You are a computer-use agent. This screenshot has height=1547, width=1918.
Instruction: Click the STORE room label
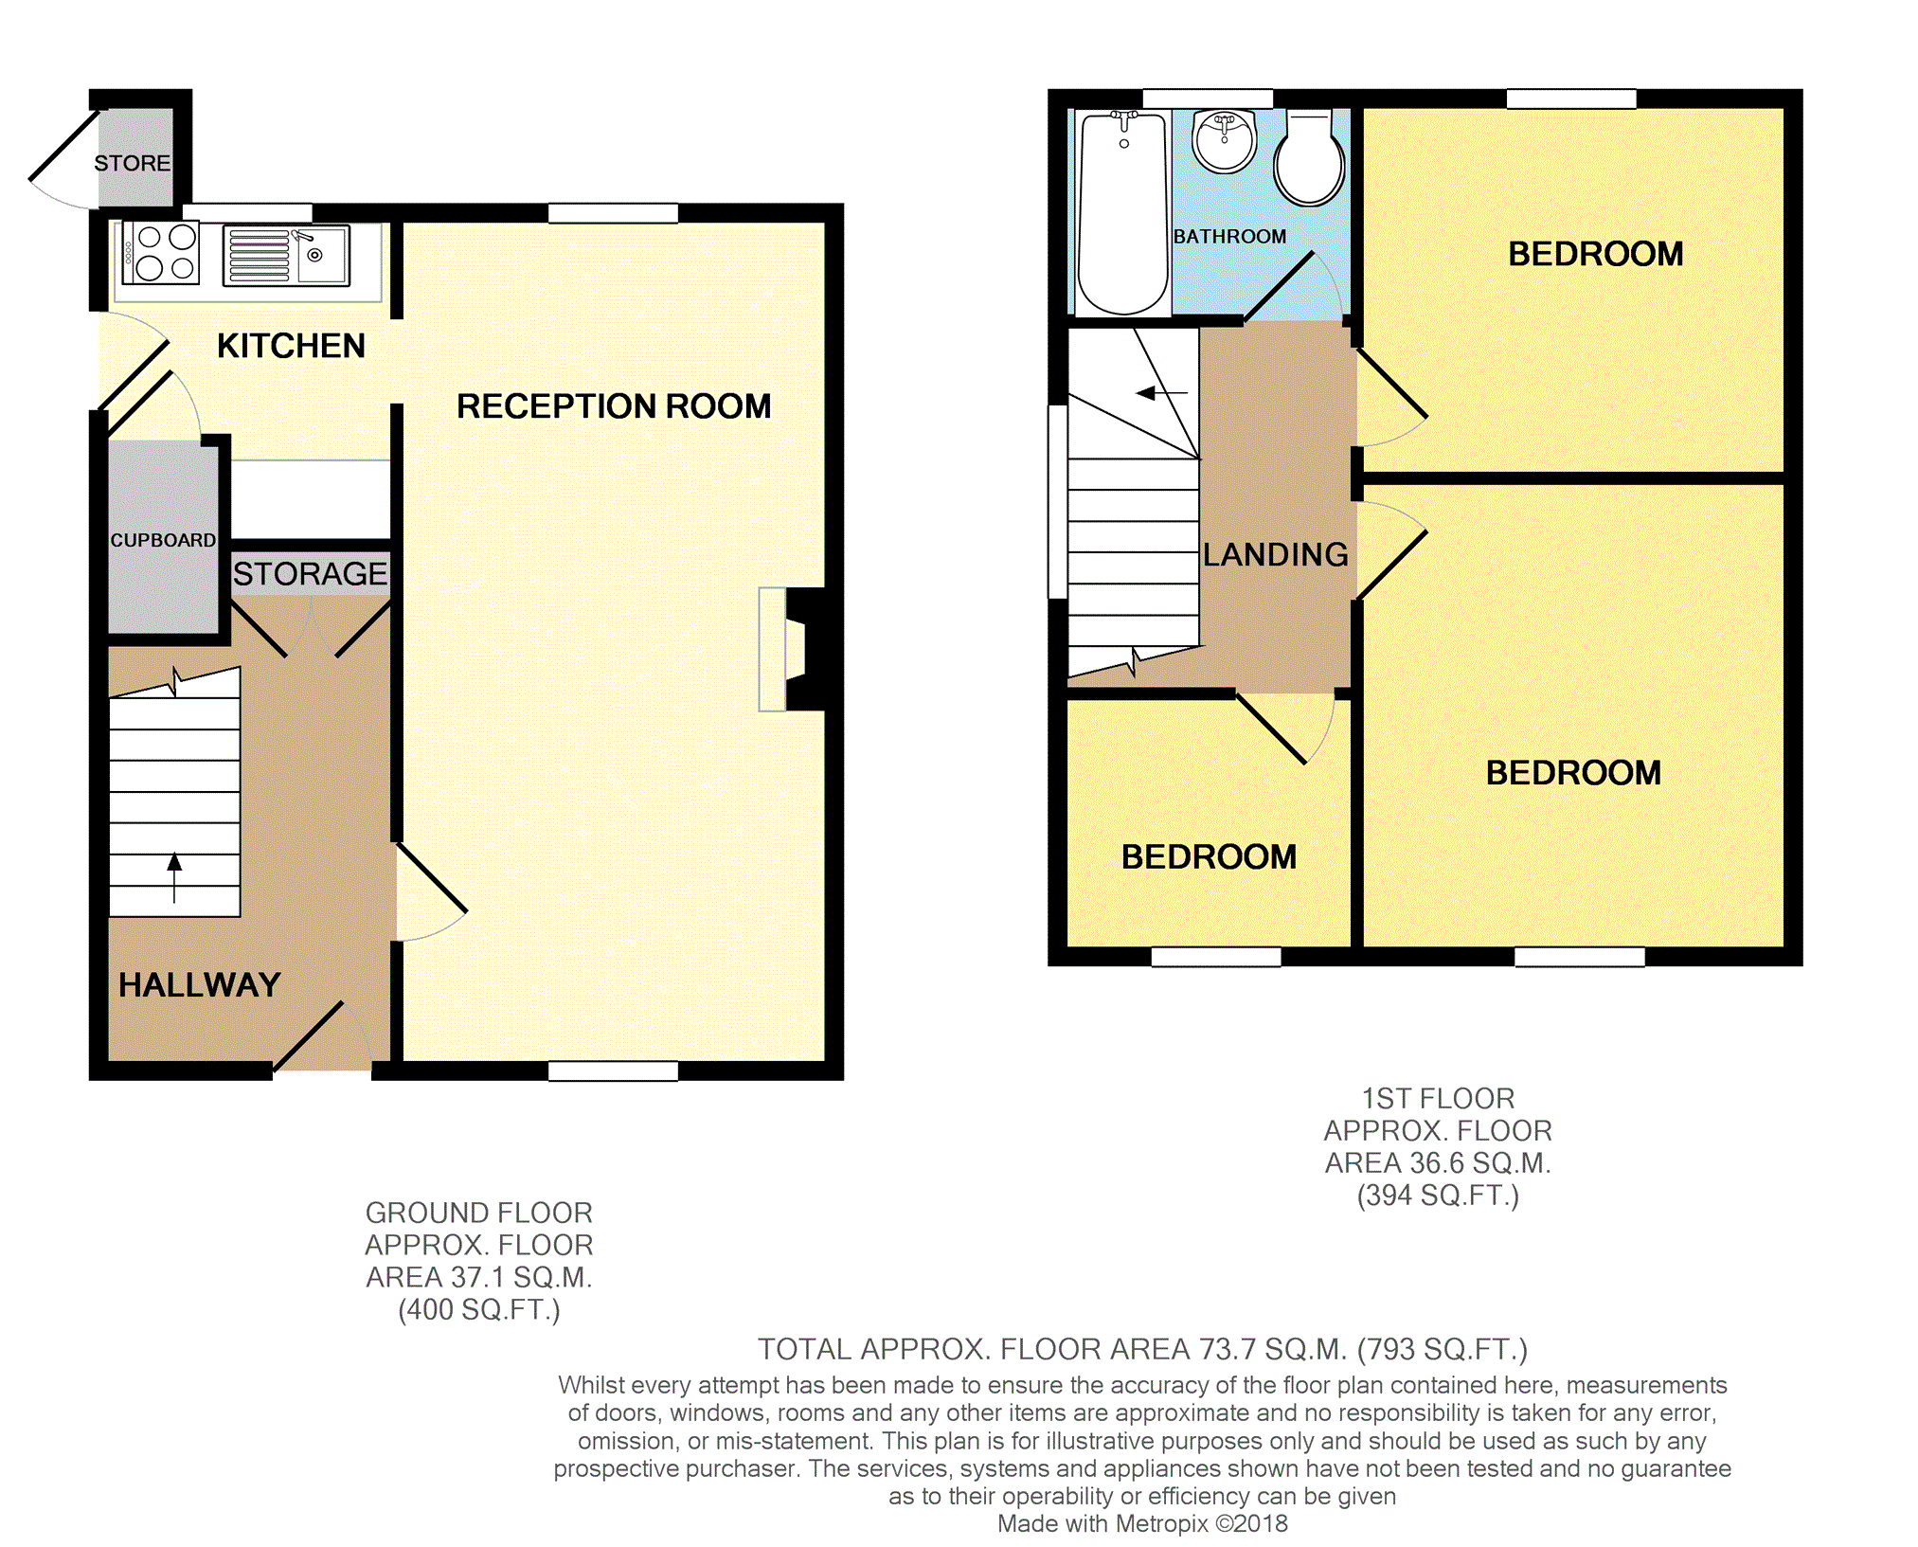133,163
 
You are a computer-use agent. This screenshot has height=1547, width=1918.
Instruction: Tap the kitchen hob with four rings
160,253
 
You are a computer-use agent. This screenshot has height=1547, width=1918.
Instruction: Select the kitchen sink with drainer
286,254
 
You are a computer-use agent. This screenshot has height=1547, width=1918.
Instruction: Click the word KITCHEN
291,346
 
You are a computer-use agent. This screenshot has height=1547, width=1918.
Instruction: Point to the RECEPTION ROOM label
614,406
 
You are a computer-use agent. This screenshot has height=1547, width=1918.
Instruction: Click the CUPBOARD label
163,540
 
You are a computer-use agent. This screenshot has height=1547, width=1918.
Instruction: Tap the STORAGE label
310,574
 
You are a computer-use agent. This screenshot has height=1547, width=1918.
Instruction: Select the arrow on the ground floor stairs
174,878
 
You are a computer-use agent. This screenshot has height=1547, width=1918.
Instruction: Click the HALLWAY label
200,985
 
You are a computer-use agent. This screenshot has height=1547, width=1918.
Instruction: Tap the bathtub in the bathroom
1123,213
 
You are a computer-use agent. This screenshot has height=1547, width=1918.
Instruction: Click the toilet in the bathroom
1309,157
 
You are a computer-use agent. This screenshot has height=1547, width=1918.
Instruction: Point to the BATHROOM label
1229,236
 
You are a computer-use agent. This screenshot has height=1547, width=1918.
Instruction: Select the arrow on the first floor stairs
1161,392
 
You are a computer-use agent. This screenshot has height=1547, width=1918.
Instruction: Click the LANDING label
1276,554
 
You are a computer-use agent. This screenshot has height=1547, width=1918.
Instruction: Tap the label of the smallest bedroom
1209,857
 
